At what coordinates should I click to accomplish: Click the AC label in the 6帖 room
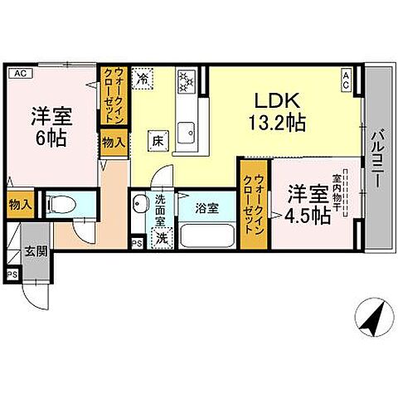20,72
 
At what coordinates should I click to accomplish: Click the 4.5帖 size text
308,216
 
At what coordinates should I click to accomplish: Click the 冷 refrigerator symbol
143,80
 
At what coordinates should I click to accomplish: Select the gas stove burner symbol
186,81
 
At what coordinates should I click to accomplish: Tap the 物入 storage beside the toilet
19,204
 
